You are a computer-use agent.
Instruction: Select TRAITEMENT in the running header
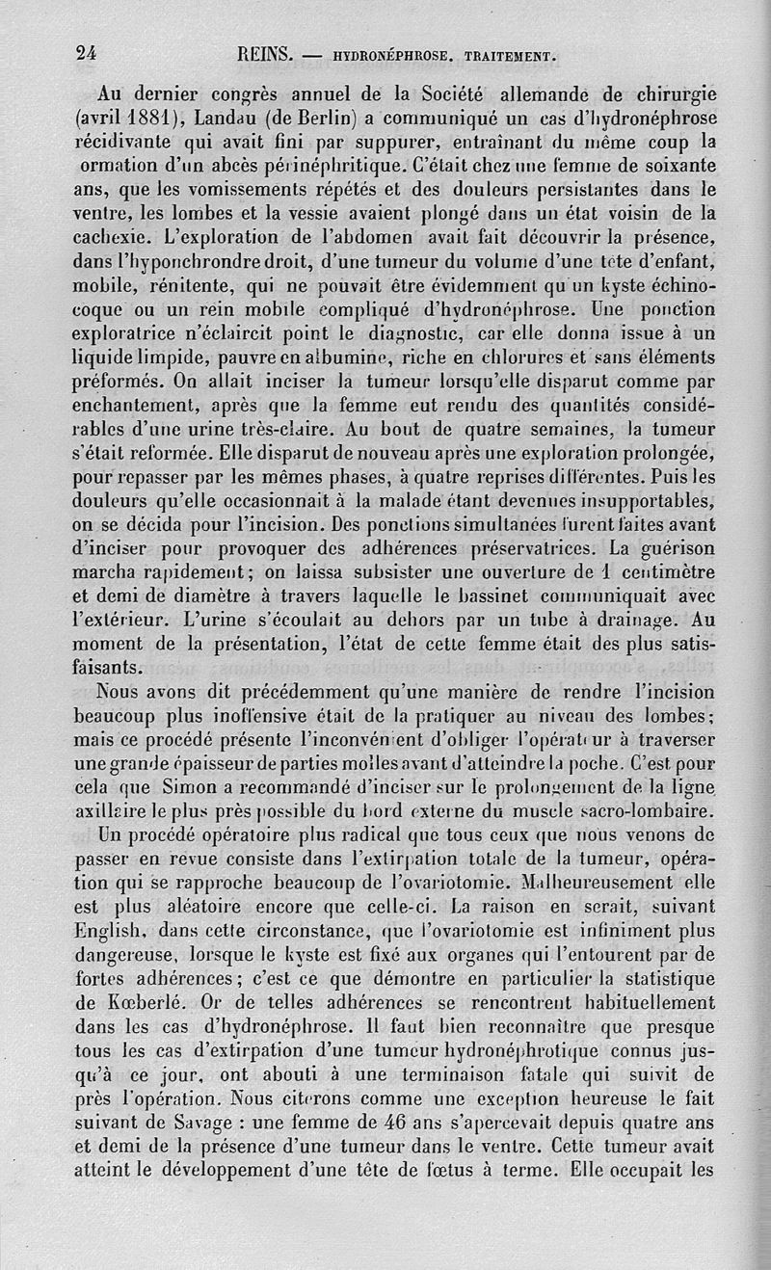pos(504,55)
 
